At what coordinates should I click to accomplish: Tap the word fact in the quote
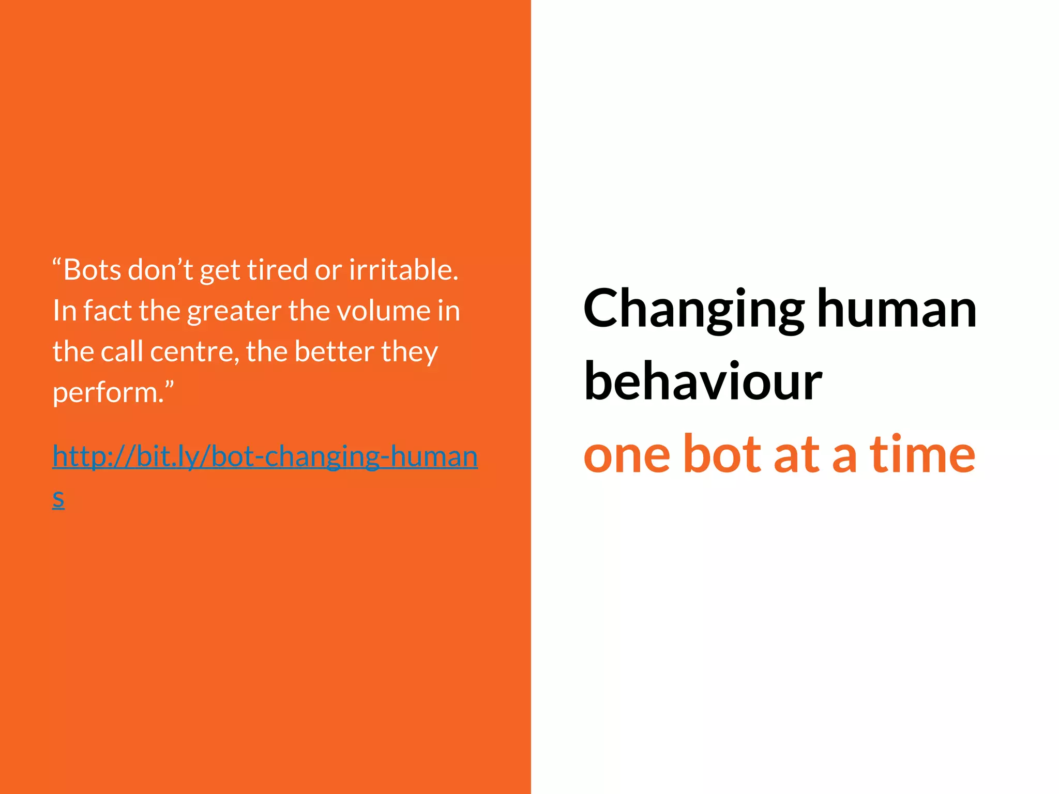tap(108, 311)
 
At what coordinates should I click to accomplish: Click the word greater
tap(234, 312)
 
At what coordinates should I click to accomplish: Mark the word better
tap(335, 352)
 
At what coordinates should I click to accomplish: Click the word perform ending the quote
tap(108, 393)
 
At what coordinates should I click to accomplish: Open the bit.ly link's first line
tap(265, 456)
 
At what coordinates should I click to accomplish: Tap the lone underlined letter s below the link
tap(58, 498)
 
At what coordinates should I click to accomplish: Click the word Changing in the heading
tap(693, 309)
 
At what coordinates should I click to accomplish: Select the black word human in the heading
tap(897, 309)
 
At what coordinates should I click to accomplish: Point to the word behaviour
tap(703, 381)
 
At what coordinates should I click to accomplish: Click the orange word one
tap(627, 454)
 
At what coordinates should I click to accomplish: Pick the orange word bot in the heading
tap(722, 454)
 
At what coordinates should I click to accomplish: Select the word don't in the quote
tap(160, 270)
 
